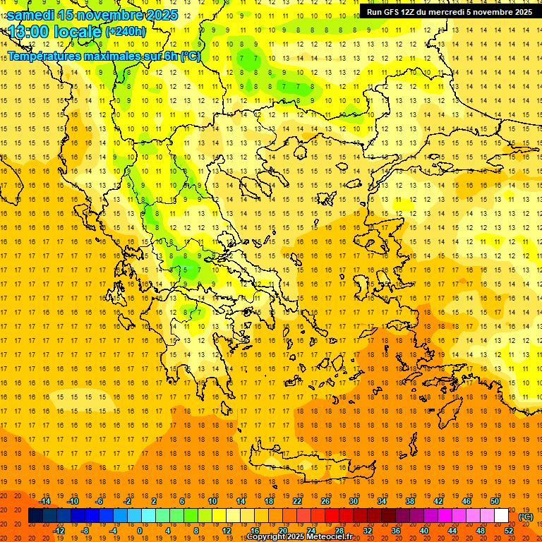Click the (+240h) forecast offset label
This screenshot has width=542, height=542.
click(x=126, y=31)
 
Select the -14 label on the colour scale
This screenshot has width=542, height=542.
click(x=45, y=500)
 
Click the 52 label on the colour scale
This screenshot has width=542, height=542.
click(x=509, y=531)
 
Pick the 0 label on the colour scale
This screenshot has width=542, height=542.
click(x=139, y=531)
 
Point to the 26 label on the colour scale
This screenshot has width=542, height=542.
click(x=325, y=500)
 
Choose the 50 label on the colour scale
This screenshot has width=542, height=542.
click(x=495, y=500)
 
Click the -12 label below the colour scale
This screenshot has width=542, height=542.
click(x=59, y=531)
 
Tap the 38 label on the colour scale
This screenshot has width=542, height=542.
click(x=410, y=500)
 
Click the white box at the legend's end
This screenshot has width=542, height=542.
click(x=501, y=516)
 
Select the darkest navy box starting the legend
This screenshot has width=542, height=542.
click(x=35, y=516)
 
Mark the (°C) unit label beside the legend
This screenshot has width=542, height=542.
click(x=526, y=517)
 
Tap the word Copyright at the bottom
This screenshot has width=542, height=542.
click(x=269, y=538)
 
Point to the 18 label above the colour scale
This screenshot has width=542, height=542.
click(x=269, y=500)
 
